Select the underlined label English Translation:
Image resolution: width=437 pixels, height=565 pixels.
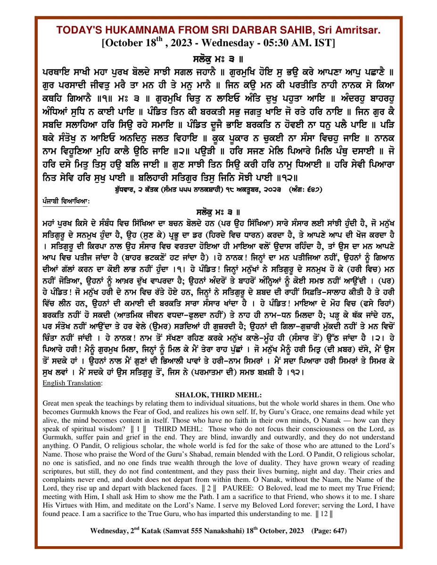tap(69, 383)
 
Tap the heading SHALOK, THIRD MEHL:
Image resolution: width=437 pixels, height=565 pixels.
tap(218, 395)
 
